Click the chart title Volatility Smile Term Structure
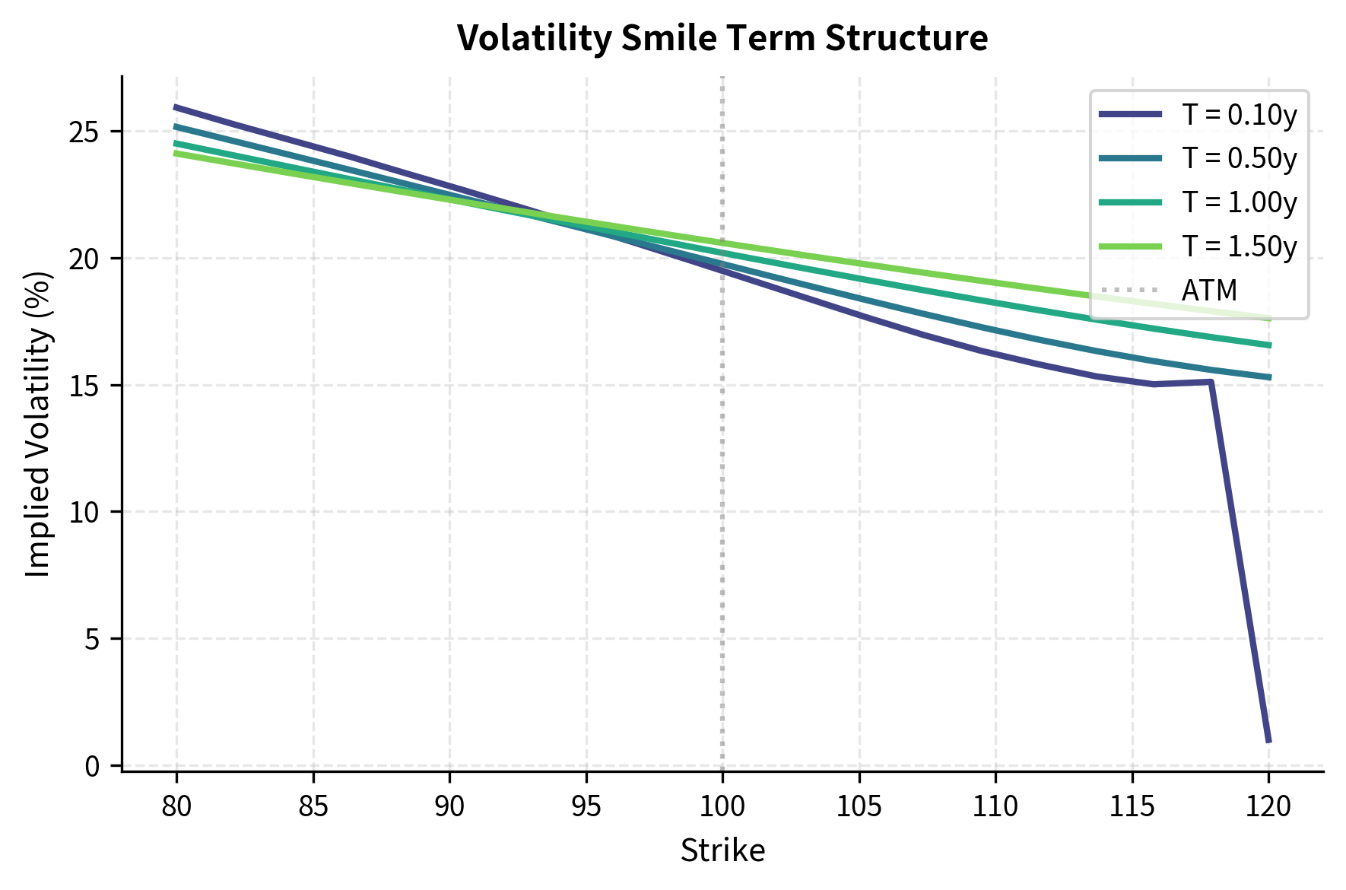pos(722,38)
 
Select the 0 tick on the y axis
pos(92,765)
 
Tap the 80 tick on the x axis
pos(176,806)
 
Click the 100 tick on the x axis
pos(722,806)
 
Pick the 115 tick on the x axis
pos(1132,806)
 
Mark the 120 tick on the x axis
pos(1268,806)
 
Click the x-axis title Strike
pos(722,850)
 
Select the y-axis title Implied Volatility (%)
pos(38,424)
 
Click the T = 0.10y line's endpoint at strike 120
pos(1268,741)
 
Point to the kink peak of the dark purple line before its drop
pos(1210,381)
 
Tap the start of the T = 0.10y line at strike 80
pos(176,106)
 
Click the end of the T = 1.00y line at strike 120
pos(1268,345)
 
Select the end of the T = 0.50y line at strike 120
pos(1268,377)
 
